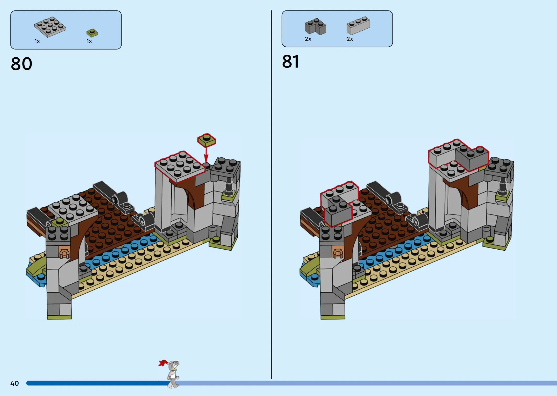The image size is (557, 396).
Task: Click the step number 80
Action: [21, 64]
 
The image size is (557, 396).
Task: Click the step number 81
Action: [291, 62]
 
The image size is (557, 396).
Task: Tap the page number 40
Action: [15, 383]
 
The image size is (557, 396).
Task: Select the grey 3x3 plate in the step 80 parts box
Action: [50, 27]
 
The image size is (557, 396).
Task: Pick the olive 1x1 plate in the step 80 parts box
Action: [92, 33]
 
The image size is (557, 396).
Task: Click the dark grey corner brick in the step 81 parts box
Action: [315, 26]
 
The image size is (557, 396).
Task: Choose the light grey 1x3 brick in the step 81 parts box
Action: [358, 25]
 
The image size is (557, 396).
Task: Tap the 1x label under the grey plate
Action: [37, 41]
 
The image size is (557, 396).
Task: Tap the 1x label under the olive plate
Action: [89, 41]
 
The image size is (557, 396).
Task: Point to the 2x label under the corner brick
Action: [308, 39]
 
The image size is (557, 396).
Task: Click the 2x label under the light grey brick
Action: [350, 39]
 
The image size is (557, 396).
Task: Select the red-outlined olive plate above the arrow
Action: [207, 140]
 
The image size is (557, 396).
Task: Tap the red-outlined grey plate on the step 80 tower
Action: [180, 167]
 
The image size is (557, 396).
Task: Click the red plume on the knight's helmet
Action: [163, 363]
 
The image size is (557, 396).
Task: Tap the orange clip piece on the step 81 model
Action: [338, 252]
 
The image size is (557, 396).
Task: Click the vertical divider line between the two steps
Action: [272, 195]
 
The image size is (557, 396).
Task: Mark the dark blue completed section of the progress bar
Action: [98, 383]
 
